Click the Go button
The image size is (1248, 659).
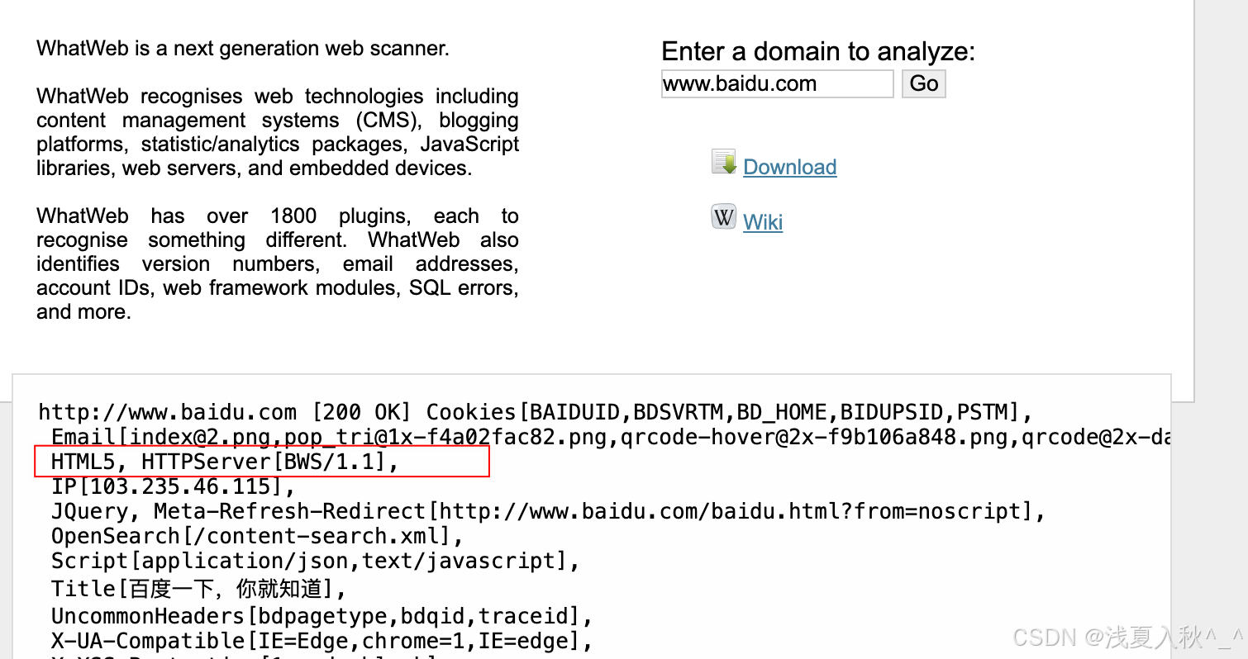(x=923, y=83)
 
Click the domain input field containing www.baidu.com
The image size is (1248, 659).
(x=777, y=83)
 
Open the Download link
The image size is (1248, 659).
(x=789, y=167)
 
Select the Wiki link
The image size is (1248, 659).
(x=763, y=222)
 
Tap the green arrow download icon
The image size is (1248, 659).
(x=723, y=163)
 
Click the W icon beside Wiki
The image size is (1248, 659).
(x=723, y=217)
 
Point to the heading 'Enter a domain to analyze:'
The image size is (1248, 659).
(x=818, y=51)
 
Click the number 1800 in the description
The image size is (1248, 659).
(x=293, y=216)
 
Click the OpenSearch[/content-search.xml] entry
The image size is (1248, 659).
(x=256, y=536)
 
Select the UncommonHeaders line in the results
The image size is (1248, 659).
(x=322, y=616)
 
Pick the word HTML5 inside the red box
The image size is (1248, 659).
(x=83, y=462)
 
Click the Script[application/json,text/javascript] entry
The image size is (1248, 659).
(x=314, y=561)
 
